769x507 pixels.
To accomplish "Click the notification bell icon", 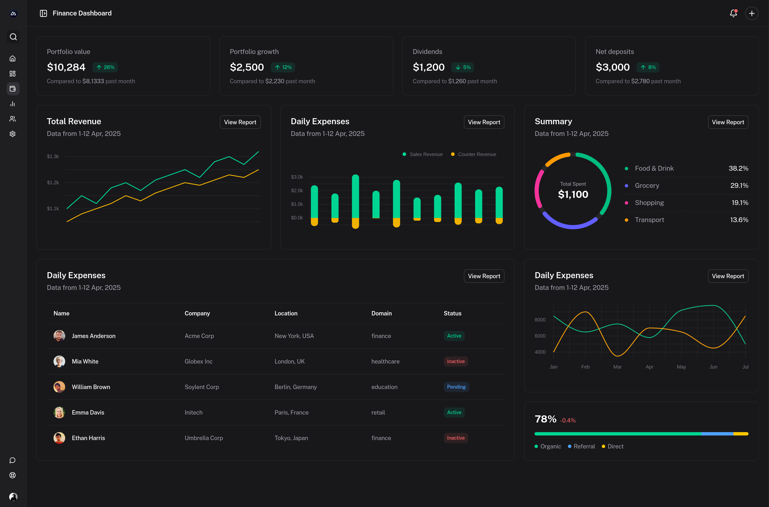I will (x=733, y=13).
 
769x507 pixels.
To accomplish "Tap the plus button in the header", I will (x=752, y=13).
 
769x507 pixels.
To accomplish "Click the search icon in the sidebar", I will (x=13, y=37).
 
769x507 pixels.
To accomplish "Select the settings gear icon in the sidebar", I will (x=13, y=134).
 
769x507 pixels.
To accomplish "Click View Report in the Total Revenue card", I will (x=240, y=122).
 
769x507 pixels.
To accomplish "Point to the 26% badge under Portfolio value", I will (x=105, y=67).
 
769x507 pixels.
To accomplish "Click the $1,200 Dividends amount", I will (x=428, y=67).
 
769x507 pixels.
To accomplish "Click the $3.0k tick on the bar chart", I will (x=297, y=177).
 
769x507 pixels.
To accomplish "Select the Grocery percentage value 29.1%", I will (x=739, y=186).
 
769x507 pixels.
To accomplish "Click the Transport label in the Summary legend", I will (x=649, y=220).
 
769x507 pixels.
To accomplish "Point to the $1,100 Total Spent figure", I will (x=573, y=194).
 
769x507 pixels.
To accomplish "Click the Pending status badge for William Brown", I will (x=456, y=387).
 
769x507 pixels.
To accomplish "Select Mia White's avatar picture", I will (x=59, y=361).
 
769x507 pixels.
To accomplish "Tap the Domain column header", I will (x=381, y=313).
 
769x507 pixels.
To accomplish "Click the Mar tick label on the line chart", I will (x=617, y=367).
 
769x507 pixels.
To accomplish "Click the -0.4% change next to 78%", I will (x=568, y=420).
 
